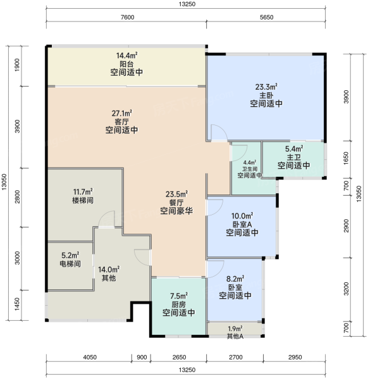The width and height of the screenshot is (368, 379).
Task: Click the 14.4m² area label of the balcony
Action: click(127, 56)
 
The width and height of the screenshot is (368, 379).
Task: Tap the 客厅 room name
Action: click(121, 121)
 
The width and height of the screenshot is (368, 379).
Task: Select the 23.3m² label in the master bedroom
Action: click(266, 87)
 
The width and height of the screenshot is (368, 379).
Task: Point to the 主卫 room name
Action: click(294, 157)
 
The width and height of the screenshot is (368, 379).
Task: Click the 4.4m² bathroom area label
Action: click(250, 162)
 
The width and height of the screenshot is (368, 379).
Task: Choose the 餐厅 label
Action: click(176, 203)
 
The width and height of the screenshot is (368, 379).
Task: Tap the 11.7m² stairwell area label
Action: click(83, 192)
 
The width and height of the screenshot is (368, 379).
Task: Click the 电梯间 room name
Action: click(70, 263)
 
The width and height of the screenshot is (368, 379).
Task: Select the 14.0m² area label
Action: click(109, 269)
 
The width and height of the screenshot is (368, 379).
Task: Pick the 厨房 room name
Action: click(178, 304)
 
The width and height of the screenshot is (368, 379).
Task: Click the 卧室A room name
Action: click(242, 224)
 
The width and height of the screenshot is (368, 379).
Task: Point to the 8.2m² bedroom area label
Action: click(235, 279)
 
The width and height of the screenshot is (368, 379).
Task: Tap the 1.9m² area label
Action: click(235, 328)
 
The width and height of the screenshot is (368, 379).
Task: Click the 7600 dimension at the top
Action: click(128, 17)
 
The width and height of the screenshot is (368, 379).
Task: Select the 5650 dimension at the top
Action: click(266, 17)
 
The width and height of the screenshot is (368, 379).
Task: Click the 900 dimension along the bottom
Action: click(142, 358)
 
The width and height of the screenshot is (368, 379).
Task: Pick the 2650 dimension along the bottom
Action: click(180, 358)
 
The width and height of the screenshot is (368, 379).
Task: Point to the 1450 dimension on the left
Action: click(17, 304)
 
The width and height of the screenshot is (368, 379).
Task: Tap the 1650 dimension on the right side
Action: click(347, 159)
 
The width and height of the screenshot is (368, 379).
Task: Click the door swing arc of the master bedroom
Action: click(222, 129)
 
